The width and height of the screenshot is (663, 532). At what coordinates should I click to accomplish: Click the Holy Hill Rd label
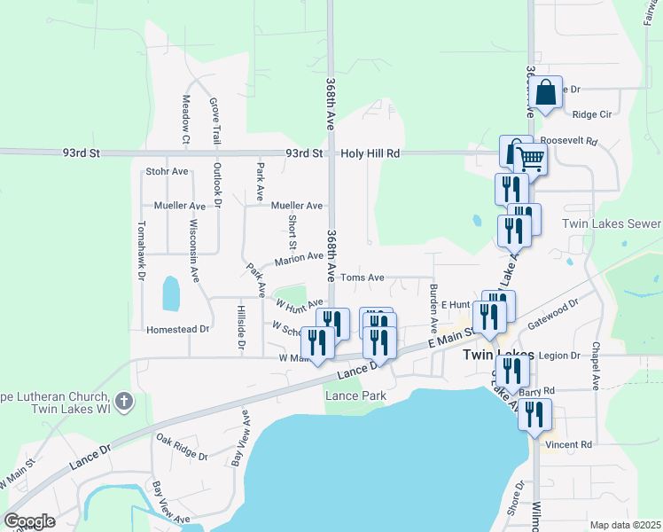(x=370, y=153)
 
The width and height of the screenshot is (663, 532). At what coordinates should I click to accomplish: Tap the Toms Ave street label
(x=363, y=278)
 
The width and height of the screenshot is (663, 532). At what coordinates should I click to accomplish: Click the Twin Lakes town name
(x=498, y=355)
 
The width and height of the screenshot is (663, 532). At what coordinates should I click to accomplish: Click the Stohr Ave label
(x=168, y=171)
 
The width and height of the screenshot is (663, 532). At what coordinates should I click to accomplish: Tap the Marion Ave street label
(x=299, y=258)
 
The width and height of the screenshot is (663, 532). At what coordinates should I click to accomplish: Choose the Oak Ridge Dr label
(x=181, y=448)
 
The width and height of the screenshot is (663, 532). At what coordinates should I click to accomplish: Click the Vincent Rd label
(x=568, y=444)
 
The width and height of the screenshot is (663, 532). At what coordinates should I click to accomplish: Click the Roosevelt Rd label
(x=569, y=141)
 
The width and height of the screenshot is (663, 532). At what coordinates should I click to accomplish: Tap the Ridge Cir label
(x=592, y=114)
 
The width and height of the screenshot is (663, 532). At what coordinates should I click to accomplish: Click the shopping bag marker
(x=547, y=92)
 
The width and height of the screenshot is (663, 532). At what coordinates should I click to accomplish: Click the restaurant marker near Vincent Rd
(x=534, y=415)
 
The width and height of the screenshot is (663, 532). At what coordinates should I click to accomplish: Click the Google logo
(x=29, y=521)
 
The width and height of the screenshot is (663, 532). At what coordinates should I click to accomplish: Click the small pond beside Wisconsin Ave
(x=170, y=289)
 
